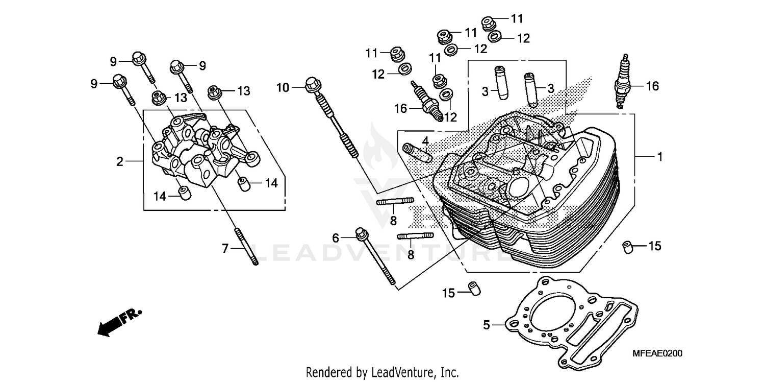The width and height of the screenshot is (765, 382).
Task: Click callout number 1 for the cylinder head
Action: pyautogui.click(x=659, y=157)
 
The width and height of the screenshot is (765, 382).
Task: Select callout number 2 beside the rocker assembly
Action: pyautogui.click(x=119, y=162)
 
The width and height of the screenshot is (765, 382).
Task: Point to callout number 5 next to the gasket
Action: pyautogui.click(x=487, y=324)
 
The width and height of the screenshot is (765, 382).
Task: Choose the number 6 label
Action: pyautogui.click(x=335, y=237)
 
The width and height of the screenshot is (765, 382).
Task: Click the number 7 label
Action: pyautogui.click(x=225, y=249)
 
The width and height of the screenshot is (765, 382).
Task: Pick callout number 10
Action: pyautogui.click(x=283, y=88)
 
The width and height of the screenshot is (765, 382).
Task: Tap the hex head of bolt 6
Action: pyautogui.click(x=361, y=233)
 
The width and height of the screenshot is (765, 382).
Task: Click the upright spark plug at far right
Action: pyautogui.click(x=623, y=82)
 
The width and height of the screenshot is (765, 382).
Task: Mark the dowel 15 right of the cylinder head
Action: pyautogui.click(x=628, y=247)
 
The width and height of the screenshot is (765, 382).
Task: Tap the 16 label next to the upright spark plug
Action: pyautogui.click(x=652, y=86)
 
